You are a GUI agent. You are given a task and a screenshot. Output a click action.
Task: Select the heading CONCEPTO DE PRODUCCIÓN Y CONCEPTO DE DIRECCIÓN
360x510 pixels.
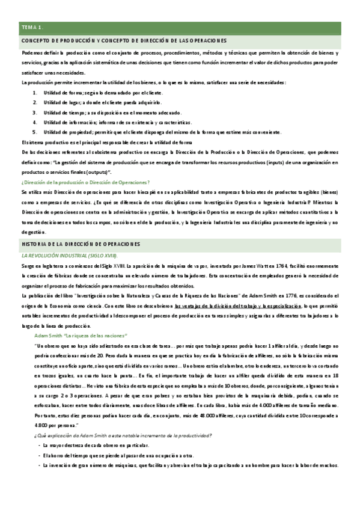(x=124, y=41)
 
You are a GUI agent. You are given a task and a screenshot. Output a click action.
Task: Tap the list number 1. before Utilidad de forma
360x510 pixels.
(x=35, y=92)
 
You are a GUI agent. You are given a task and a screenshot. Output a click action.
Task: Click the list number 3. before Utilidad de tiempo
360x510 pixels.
(x=35, y=112)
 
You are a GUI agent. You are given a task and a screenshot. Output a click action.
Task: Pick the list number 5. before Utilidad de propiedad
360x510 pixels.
(x=35, y=131)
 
